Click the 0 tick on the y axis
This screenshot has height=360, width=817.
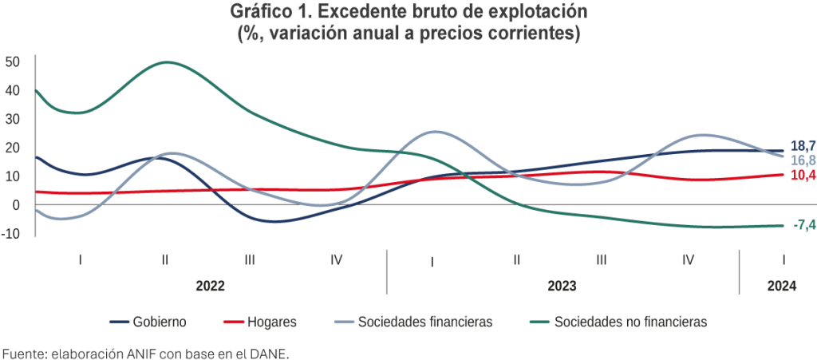(x=16, y=205)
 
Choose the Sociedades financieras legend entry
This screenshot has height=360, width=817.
(x=424, y=322)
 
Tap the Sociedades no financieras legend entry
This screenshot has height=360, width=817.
(x=630, y=322)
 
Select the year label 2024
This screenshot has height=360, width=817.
(x=781, y=285)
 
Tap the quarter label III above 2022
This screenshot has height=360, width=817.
(x=250, y=259)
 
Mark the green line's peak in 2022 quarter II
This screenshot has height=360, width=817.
(x=166, y=61)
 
